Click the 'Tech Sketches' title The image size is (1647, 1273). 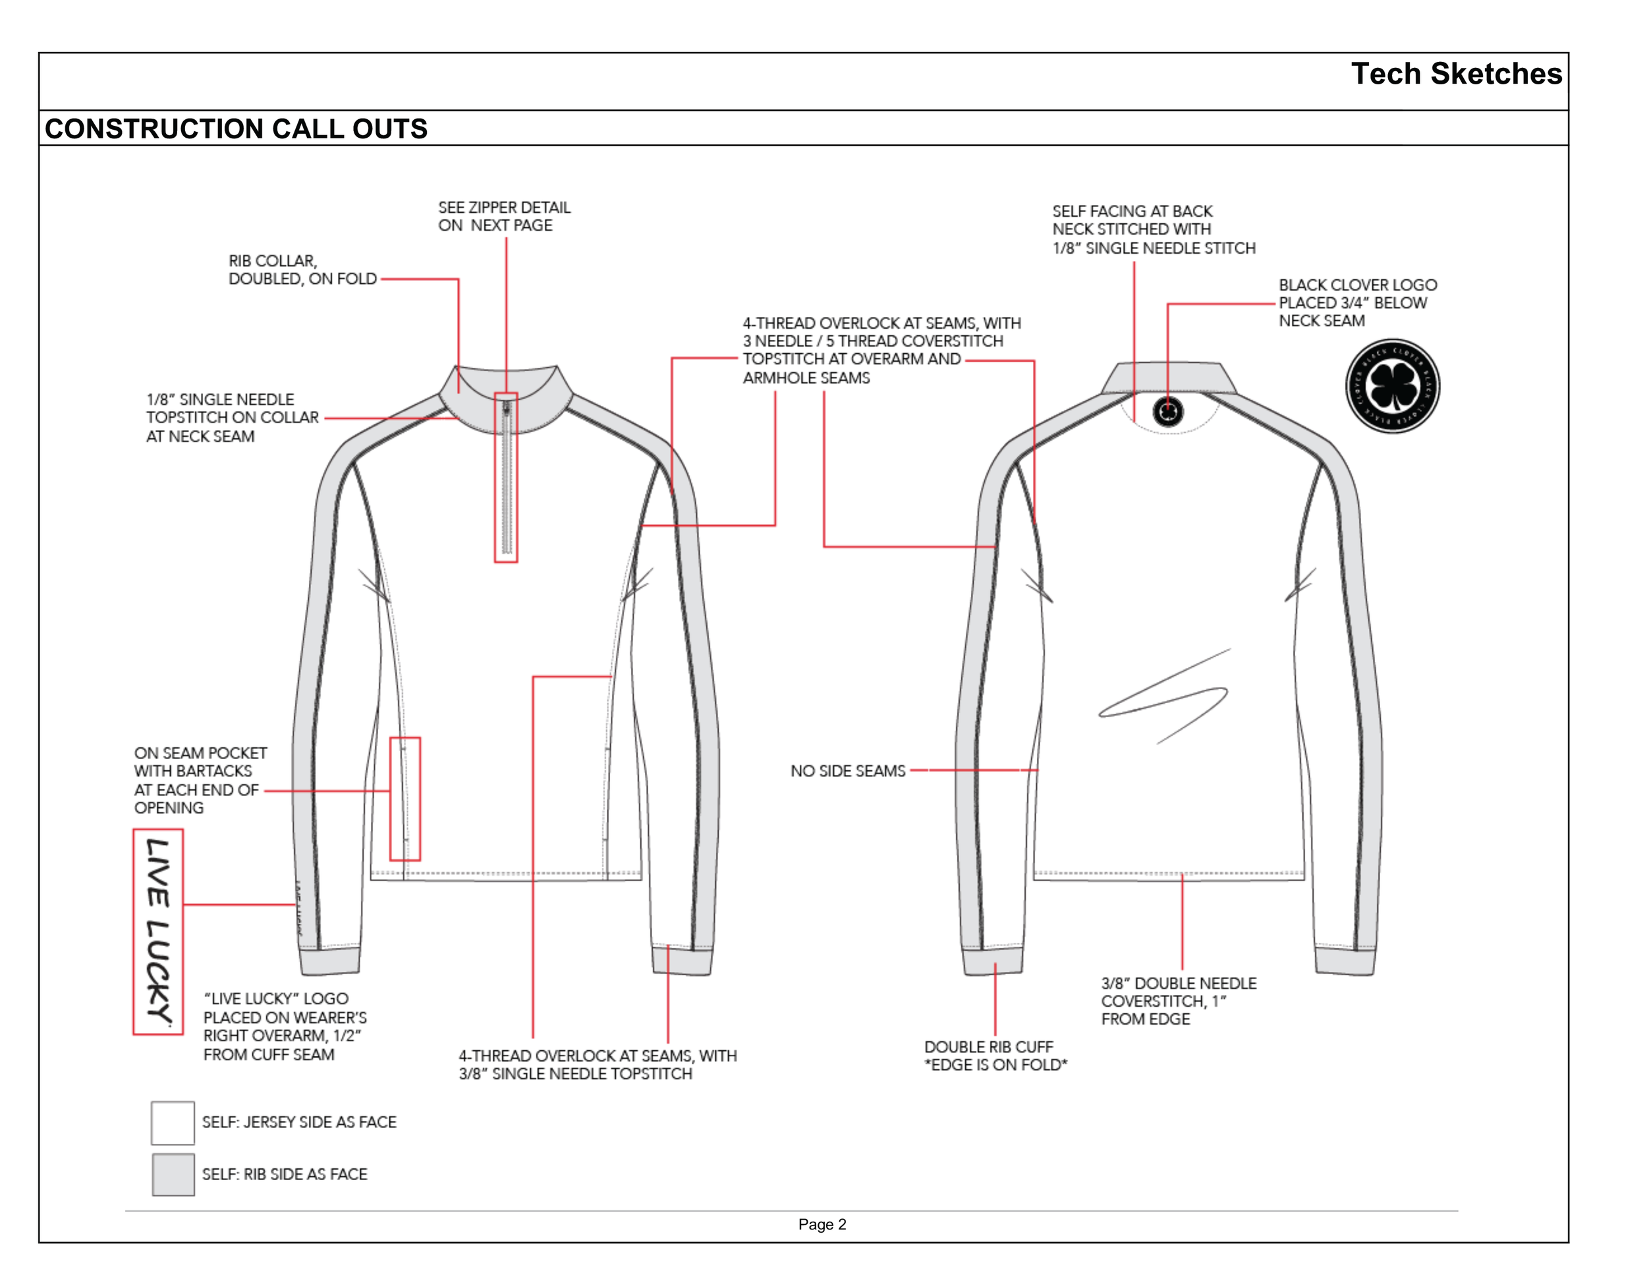point(1455,74)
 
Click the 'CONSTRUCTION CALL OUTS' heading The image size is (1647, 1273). point(236,129)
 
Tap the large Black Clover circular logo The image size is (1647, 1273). point(1392,386)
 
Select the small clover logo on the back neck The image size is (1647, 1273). point(1168,412)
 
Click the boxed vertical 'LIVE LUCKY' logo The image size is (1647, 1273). point(158,932)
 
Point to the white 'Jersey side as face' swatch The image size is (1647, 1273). point(173,1122)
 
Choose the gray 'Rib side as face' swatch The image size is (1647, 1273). point(173,1174)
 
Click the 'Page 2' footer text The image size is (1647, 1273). point(822,1224)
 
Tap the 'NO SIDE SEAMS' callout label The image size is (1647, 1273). point(848,771)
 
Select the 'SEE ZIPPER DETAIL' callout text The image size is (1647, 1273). point(504,216)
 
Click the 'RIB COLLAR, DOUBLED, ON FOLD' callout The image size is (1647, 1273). point(302,270)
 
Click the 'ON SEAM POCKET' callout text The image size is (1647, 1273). point(200,779)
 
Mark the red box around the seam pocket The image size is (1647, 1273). point(405,799)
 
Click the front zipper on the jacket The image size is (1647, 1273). point(506,479)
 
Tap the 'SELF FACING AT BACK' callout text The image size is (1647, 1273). point(1153,229)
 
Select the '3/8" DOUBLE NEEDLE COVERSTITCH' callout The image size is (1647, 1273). point(1178,1001)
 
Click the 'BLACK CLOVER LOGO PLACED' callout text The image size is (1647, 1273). point(1357,302)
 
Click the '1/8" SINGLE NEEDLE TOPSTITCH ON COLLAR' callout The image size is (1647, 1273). point(231,418)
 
